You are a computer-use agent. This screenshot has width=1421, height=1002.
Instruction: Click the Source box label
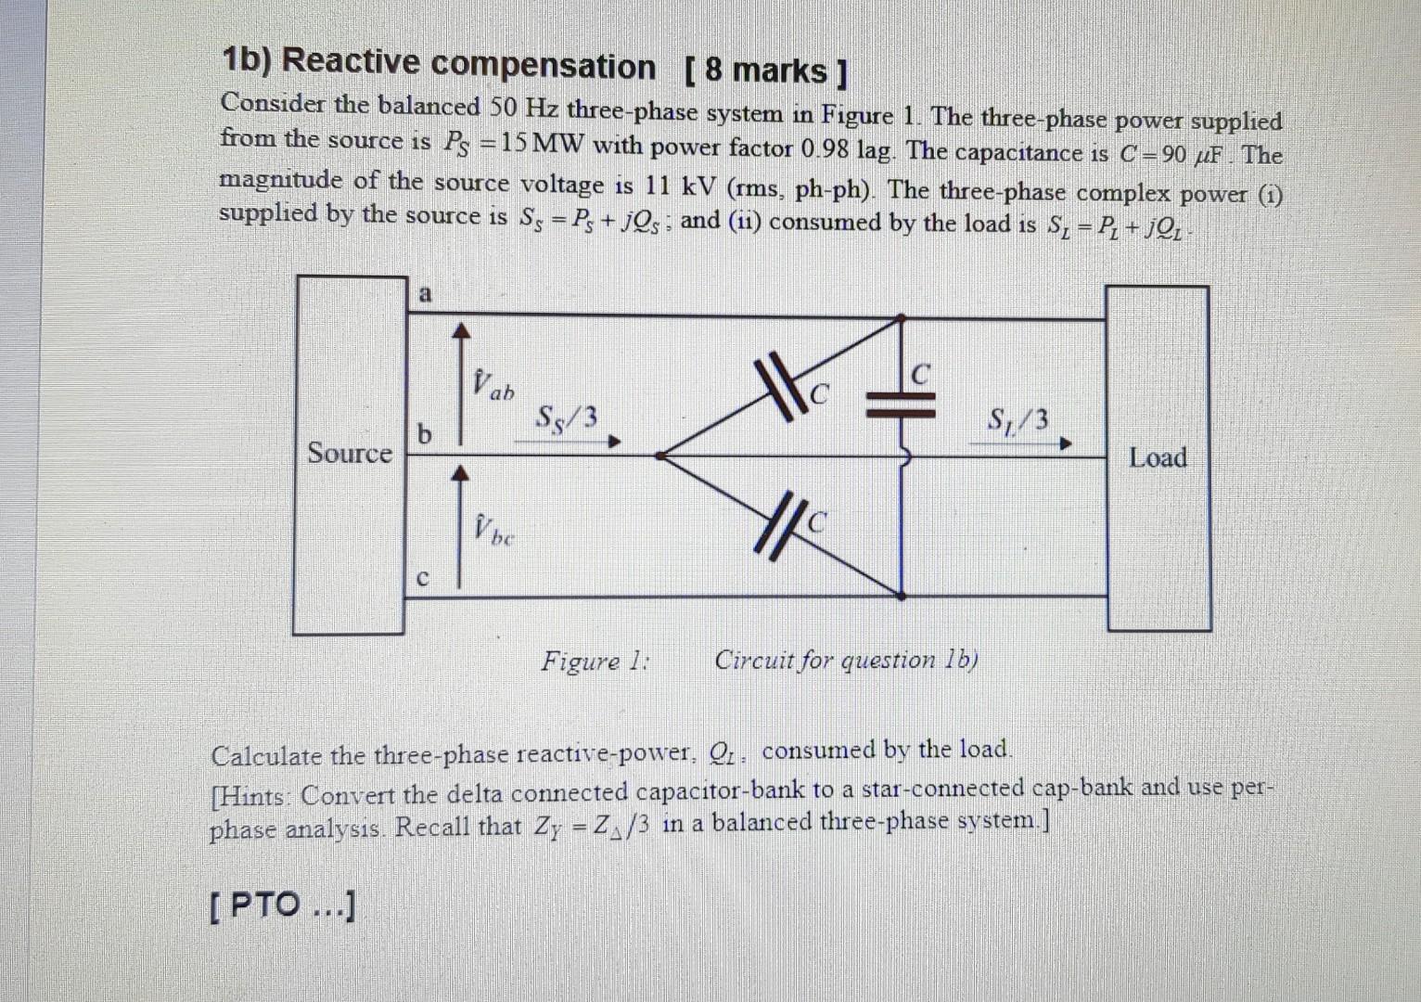coord(350,454)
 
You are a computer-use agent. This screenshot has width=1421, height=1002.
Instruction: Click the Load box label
coord(1158,457)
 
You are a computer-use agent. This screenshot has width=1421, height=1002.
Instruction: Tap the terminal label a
coord(425,294)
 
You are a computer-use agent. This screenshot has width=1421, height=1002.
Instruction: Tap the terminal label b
coord(425,434)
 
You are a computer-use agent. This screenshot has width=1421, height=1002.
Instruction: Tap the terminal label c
coord(422,578)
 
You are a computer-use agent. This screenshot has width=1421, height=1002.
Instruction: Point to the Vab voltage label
coord(492,383)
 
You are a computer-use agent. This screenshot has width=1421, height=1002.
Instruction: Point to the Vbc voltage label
coord(493,530)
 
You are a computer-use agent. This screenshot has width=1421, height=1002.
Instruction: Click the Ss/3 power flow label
coord(567,418)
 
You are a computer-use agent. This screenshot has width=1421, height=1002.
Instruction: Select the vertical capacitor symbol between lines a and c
coord(901,401)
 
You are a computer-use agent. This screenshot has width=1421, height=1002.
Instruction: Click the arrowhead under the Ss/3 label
coord(613,443)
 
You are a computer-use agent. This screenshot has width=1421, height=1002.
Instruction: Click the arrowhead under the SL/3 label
coord(1066,444)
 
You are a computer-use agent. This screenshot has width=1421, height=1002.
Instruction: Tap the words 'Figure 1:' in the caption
coord(595,662)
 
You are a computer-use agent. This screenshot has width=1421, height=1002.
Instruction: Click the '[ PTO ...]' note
coord(282,906)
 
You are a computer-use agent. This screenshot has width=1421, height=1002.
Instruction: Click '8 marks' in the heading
coord(765,71)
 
